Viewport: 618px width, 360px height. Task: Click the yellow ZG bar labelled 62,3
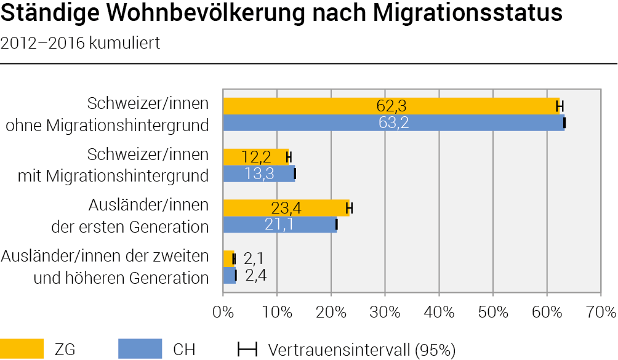click(391, 106)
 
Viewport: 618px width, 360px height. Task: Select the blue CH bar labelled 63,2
click(394, 123)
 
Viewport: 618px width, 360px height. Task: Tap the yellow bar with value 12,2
click(256, 157)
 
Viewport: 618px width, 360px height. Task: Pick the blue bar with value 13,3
click(259, 174)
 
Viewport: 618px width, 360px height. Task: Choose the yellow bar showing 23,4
click(286, 208)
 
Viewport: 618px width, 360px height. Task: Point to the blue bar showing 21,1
click(280, 225)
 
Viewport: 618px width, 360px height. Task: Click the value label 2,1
click(254, 259)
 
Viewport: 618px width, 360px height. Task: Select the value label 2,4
click(256, 275)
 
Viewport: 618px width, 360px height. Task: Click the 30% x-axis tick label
click(385, 313)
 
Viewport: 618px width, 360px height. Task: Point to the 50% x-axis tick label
click(493, 313)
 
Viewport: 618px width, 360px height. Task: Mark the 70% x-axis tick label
click(601, 313)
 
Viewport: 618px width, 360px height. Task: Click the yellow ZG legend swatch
click(22, 348)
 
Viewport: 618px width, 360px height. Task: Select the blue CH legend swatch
click(140, 348)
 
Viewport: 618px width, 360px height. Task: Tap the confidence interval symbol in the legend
click(247, 349)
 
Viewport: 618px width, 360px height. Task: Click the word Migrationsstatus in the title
click(467, 12)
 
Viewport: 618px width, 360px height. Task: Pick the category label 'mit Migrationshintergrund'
click(113, 175)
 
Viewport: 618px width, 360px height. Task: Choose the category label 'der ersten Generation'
click(130, 227)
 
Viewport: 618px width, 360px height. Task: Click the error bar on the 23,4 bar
click(349, 208)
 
